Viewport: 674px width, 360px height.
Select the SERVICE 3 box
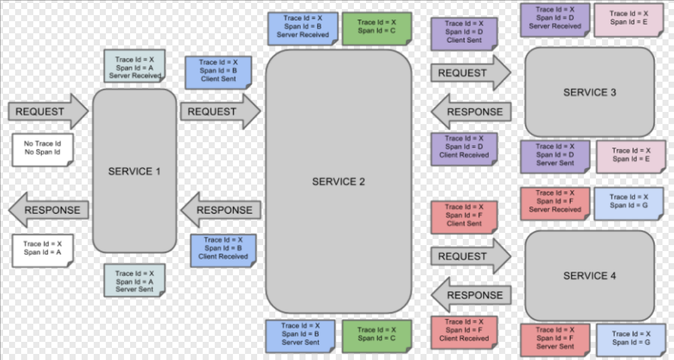(589, 92)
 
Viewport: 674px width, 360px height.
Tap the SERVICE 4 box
(589, 275)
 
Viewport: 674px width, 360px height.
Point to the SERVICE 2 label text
(338, 182)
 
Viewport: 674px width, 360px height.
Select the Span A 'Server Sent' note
(134, 281)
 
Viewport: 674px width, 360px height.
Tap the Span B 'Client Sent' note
(218, 71)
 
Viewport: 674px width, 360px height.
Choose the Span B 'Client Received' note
(223, 249)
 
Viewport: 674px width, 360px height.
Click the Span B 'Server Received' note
(303, 27)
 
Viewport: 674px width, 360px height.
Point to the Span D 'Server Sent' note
(554, 155)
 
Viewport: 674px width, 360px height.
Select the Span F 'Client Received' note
(463, 331)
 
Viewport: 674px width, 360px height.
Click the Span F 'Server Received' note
(554, 201)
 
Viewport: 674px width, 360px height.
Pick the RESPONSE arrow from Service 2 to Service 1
(220, 210)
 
